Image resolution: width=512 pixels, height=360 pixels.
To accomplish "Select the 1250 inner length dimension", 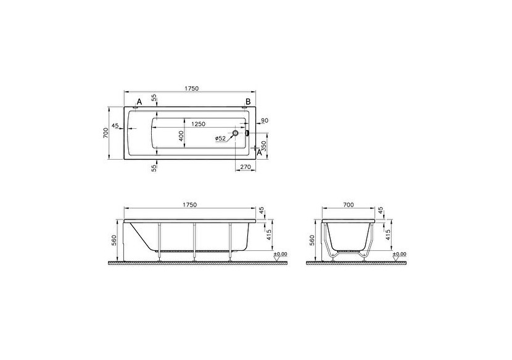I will pos(198,124).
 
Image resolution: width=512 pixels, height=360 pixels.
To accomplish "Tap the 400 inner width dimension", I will pos(181,136).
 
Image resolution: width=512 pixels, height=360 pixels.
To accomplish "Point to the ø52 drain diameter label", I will pos(221,139).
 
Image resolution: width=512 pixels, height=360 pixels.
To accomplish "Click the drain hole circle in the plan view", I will pos(236,133).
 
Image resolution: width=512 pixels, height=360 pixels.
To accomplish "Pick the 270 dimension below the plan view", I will pos(244,166).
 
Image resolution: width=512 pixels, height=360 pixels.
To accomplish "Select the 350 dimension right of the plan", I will pos(263,147).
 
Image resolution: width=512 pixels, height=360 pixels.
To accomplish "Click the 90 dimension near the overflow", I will pos(264,120).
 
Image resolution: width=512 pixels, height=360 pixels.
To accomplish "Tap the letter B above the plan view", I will pos(248,102).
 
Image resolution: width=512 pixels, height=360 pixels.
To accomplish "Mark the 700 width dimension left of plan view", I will pos(105,133).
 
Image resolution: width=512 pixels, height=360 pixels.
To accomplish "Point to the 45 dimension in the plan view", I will pos(115,126).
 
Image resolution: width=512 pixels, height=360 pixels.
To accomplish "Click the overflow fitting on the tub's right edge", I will pos(247,133).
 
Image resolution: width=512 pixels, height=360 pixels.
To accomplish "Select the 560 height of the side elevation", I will pos(115,240).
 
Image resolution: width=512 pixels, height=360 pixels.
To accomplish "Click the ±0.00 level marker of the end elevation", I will pos(399,253).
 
